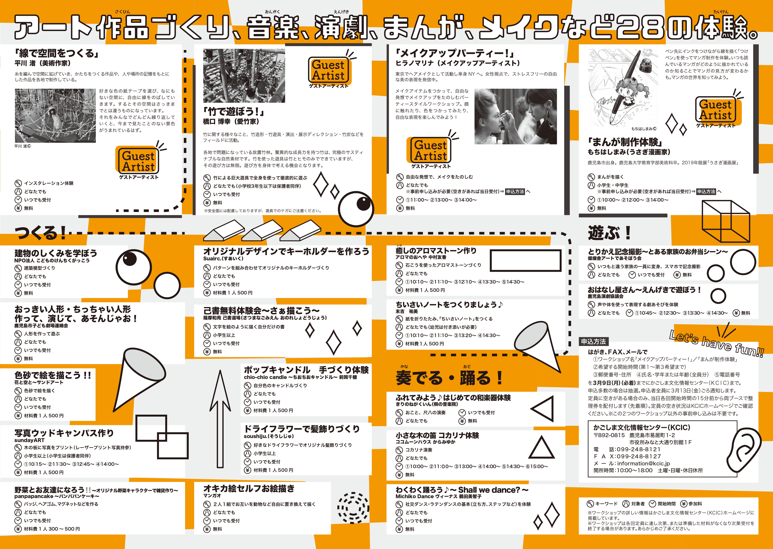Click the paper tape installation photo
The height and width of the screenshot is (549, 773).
coord(55,116)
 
